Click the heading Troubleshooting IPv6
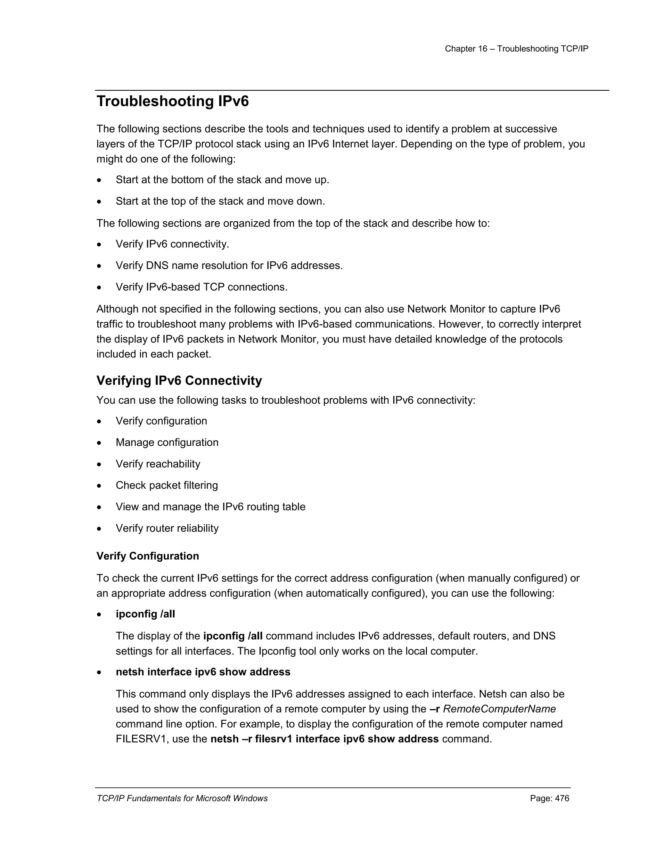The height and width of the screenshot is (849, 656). click(173, 102)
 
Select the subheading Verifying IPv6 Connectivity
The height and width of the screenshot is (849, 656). click(179, 380)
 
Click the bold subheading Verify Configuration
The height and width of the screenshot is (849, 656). click(148, 556)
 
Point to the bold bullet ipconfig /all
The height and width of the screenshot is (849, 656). click(145, 614)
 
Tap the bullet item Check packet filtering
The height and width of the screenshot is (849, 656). click(167, 485)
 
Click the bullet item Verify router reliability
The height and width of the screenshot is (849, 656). click(167, 528)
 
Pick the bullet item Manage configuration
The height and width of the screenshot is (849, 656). click(167, 442)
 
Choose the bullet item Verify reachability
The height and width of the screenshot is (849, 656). click(158, 464)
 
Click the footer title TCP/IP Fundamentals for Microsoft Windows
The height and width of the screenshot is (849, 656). click(182, 798)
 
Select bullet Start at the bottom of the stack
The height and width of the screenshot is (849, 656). click(222, 180)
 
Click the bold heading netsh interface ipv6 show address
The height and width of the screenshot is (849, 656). click(203, 672)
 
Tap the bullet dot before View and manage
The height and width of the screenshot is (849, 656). click(100, 507)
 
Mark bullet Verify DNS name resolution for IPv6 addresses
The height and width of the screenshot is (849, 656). click(229, 266)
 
